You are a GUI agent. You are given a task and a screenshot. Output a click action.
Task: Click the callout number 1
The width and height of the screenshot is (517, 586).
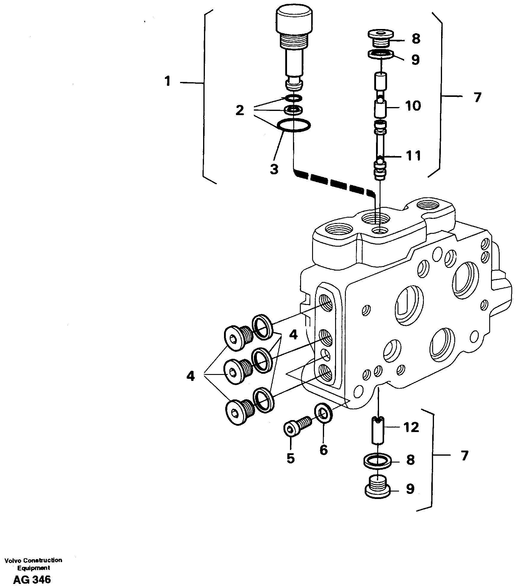(x=168, y=81)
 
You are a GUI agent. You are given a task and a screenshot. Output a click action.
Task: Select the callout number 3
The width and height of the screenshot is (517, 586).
(x=274, y=169)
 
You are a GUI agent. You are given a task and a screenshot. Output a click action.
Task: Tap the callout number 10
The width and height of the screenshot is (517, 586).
(x=413, y=106)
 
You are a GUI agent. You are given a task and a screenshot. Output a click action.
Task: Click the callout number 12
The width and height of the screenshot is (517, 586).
(x=411, y=428)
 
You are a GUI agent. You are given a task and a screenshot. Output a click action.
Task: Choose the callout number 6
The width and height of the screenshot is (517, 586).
(x=323, y=449)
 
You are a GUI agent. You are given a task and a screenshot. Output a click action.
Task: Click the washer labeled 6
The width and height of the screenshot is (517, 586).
(x=324, y=413)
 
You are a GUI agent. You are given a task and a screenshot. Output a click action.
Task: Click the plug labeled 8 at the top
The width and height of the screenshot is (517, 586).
(x=380, y=37)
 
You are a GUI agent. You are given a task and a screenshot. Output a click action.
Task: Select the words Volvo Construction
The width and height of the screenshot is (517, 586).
(x=33, y=560)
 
